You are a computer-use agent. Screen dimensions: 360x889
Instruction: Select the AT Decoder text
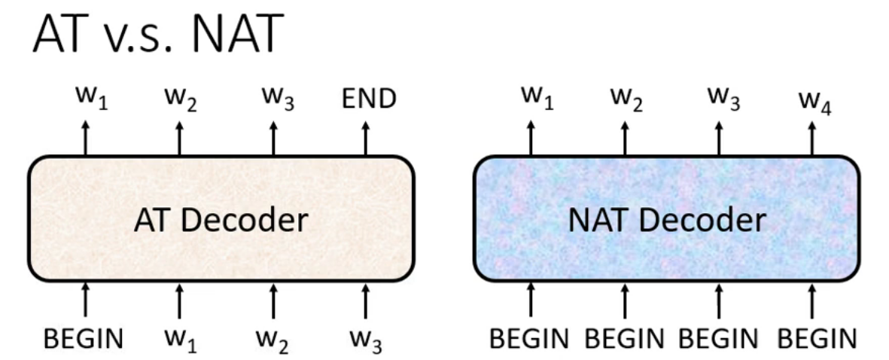click(x=221, y=220)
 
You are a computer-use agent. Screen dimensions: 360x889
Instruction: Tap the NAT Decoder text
click(x=666, y=220)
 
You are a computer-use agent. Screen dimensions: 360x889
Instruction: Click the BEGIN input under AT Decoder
click(x=83, y=339)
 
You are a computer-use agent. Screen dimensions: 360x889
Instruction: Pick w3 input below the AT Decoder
click(x=367, y=341)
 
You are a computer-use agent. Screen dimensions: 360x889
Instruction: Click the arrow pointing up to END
click(x=367, y=138)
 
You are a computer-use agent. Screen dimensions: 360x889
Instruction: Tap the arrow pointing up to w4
click(x=812, y=138)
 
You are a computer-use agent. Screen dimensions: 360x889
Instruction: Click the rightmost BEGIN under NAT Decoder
click(x=817, y=339)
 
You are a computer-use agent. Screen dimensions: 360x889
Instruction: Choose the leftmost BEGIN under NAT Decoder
click(x=529, y=339)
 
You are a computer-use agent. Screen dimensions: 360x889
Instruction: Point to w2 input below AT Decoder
click(x=273, y=341)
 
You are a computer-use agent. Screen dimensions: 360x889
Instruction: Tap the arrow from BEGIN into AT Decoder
click(x=85, y=299)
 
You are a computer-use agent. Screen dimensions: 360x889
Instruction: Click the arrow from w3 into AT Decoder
click(x=367, y=299)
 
